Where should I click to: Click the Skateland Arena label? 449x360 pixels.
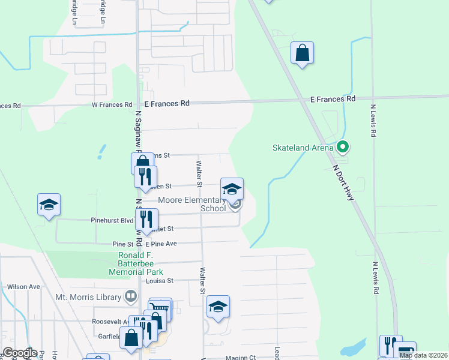(302, 147)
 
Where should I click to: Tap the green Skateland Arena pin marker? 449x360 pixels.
(343, 146)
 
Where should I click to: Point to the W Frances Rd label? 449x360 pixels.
(112, 104)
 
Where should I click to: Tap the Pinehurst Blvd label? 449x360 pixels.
(112, 220)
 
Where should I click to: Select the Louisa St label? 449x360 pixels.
(159, 280)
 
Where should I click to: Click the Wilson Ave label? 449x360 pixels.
(23, 287)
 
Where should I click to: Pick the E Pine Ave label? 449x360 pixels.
(161, 244)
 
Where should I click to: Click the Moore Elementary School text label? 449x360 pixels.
(191, 204)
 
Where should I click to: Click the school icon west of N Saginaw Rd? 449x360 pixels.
(49, 205)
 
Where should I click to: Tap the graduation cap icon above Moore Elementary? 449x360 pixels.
(232, 189)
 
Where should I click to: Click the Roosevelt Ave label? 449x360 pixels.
(112, 321)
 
